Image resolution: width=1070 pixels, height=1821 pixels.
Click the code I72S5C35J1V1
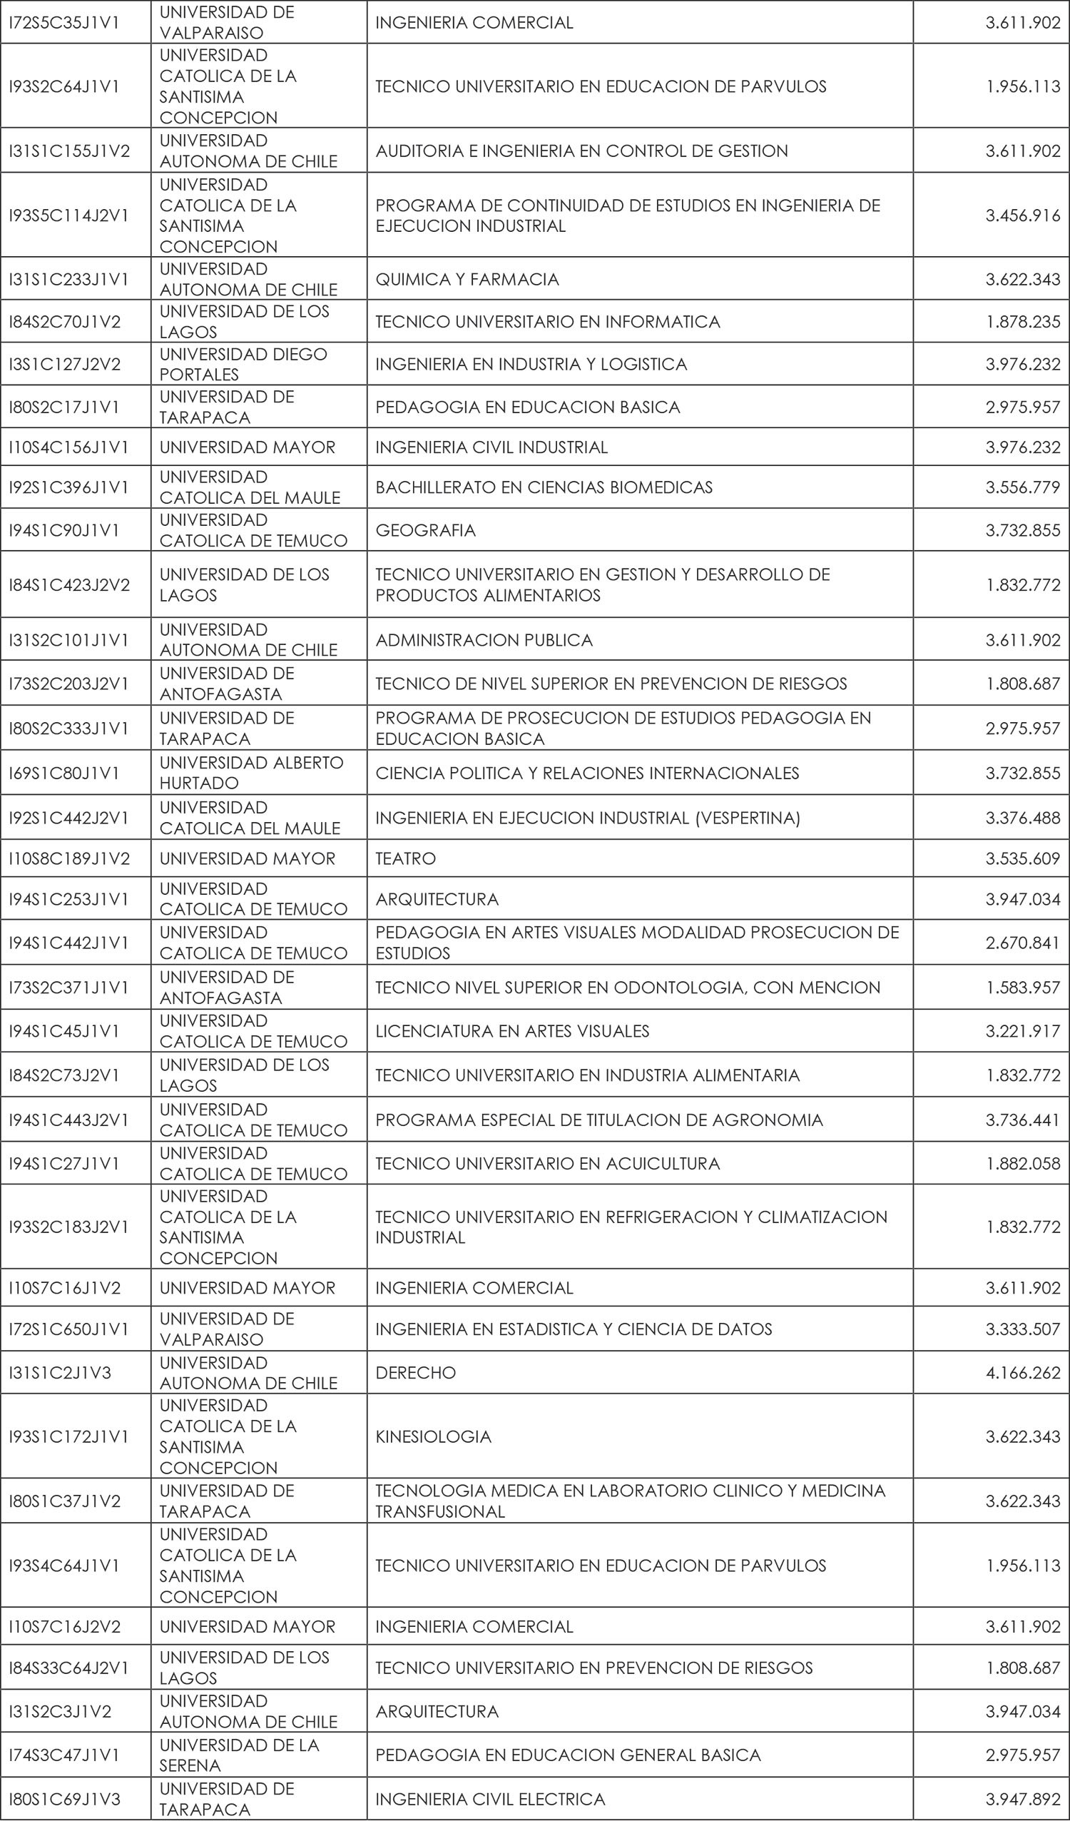click(64, 22)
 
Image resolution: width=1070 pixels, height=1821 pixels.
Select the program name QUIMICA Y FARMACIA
click(467, 280)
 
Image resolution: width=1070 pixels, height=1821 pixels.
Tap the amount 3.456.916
click(1022, 215)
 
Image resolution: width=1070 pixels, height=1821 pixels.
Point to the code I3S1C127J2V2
click(64, 364)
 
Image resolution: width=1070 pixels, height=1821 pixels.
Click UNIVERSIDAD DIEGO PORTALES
click(243, 364)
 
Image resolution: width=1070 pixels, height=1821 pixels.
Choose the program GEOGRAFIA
click(426, 530)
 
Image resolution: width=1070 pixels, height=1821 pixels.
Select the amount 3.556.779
click(1022, 488)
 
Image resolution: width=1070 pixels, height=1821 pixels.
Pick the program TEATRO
click(405, 858)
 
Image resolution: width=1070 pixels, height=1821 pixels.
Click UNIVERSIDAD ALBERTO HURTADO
click(250, 773)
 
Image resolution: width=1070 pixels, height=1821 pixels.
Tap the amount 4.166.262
click(1022, 1372)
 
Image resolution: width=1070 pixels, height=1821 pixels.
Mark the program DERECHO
click(415, 1372)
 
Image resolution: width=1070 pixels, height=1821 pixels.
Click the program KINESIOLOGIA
click(433, 1436)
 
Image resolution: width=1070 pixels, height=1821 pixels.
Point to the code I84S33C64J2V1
click(68, 1667)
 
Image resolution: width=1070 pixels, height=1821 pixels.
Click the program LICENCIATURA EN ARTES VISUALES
click(512, 1031)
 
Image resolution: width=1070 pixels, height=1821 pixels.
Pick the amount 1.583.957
click(1022, 987)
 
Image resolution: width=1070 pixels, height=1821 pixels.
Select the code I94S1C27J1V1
click(64, 1163)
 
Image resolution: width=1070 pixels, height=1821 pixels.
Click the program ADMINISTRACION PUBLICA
click(484, 640)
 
